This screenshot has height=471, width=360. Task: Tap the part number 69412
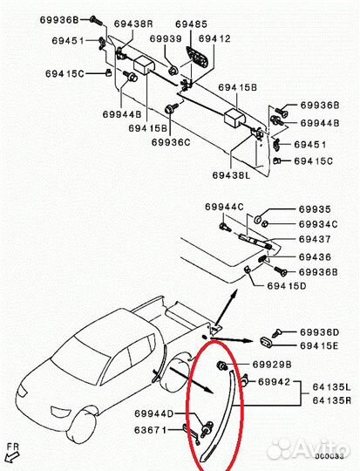[x=214, y=39]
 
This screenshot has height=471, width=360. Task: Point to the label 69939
[x=165, y=39]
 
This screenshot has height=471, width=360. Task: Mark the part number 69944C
[x=225, y=207]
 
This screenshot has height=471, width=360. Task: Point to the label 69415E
[x=320, y=346]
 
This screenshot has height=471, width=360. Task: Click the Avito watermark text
[x=311, y=449]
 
